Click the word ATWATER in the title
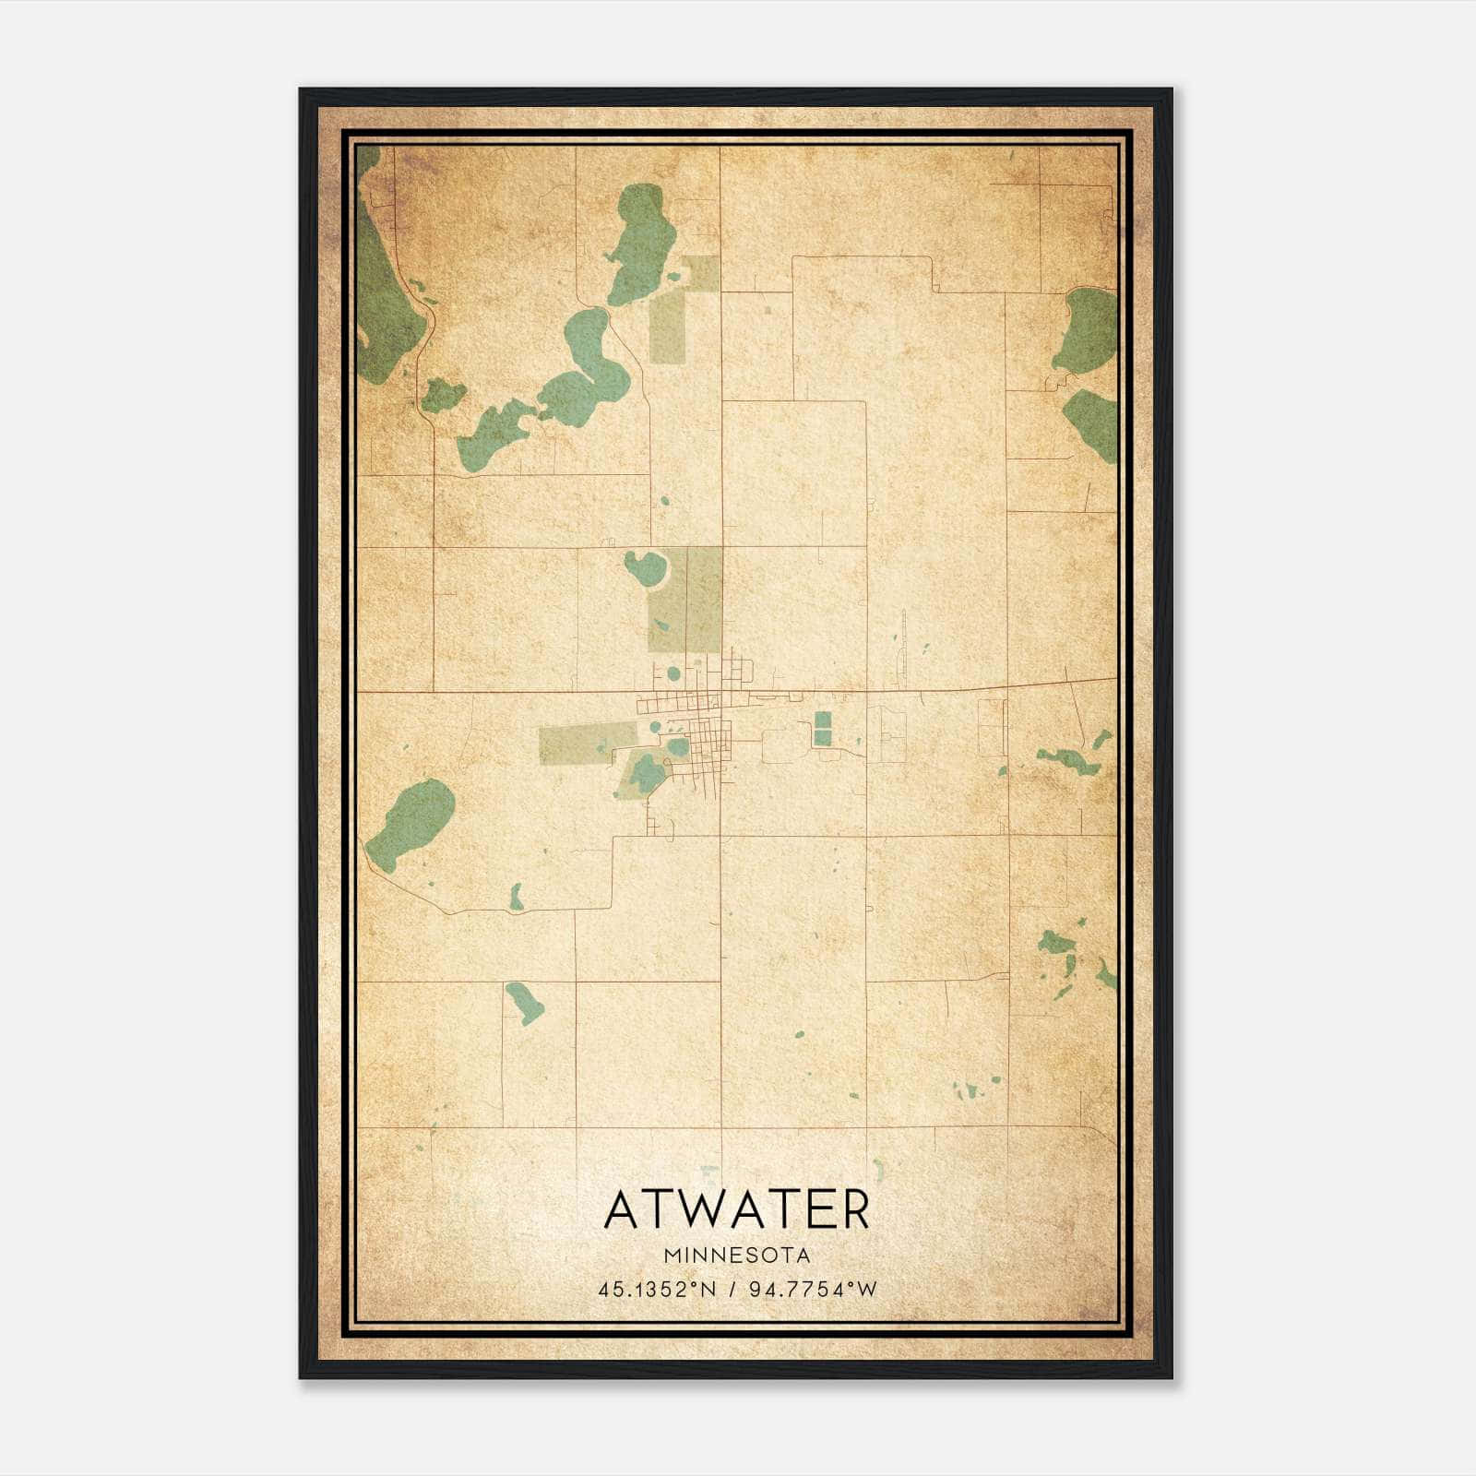click(x=736, y=1209)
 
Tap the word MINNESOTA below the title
click(x=736, y=1256)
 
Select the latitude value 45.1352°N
click(x=657, y=1290)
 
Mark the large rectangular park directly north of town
click(x=686, y=600)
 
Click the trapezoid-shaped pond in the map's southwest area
click(x=524, y=1003)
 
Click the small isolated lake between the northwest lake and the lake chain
click(x=442, y=395)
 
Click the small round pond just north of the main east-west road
click(x=673, y=673)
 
